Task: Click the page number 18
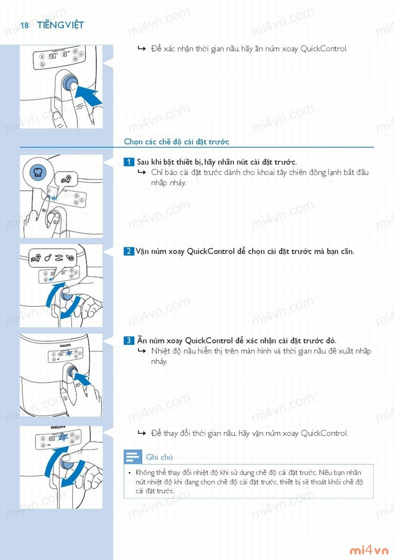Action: (x=24, y=25)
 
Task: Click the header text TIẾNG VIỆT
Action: (x=60, y=24)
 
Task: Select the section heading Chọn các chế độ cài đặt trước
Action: (x=176, y=142)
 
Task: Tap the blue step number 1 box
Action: (x=129, y=162)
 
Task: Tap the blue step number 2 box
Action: (x=129, y=251)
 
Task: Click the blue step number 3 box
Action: (x=129, y=340)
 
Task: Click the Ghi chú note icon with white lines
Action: (x=133, y=457)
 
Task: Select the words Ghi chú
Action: (x=159, y=457)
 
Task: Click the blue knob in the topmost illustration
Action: (x=70, y=82)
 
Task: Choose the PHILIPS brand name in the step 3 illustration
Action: (x=65, y=345)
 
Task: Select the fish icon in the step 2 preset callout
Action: (x=59, y=257)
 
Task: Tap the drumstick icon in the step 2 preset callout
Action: (x=48, y=257)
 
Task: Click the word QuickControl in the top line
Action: (x=324, y=48)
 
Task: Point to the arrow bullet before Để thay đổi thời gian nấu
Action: (x=141, y=433)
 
